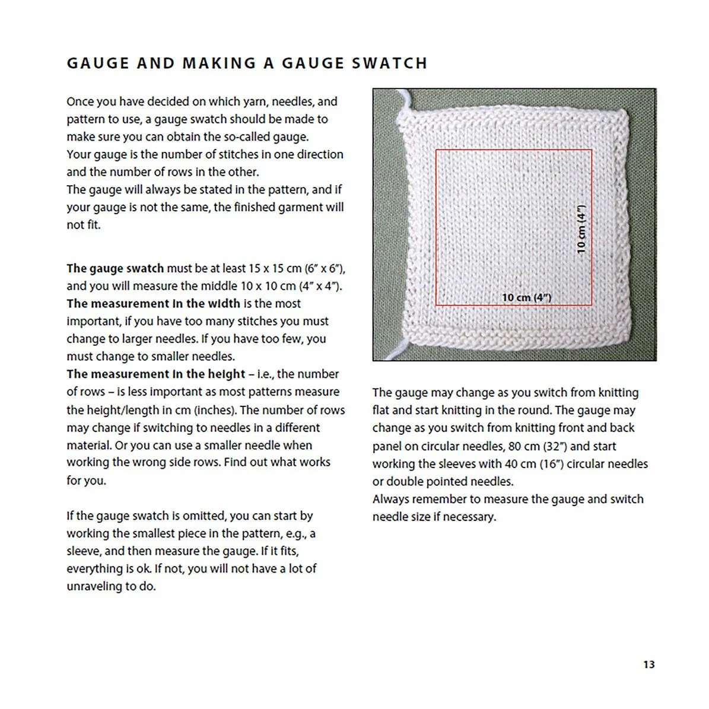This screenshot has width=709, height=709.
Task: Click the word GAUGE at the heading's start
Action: [x=98, y=63]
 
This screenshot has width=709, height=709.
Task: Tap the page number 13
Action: [x=648, y=665]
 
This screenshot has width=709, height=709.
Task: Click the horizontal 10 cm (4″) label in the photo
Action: [x=526, y=297]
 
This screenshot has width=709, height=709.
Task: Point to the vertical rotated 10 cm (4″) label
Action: [x=581, y=229]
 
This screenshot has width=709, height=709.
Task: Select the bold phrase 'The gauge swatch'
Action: [x=115, y=268]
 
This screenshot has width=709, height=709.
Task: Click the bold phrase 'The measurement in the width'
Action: [x=153, y=304]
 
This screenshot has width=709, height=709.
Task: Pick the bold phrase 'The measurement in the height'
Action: [x=155, y=374]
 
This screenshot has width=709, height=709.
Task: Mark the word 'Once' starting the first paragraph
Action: [x=80, y=101]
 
